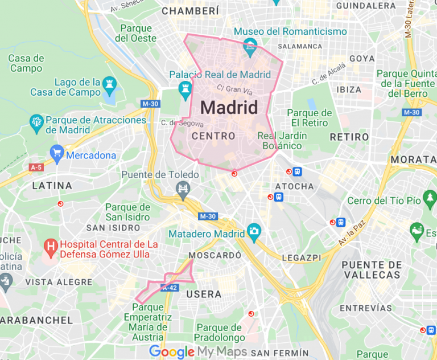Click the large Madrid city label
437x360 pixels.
(229, 107)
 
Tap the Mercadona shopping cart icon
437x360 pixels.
(56, 153)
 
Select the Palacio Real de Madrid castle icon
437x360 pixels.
(184, 89)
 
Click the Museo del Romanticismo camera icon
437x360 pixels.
(250, 45)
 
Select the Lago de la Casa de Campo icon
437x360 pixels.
(109, 85)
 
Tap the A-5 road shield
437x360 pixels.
(36, 167)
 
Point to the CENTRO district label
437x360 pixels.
(213, 136)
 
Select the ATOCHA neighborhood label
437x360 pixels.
(294, 186)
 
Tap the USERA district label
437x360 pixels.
(204, 294)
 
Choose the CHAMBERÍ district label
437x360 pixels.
(190, 11)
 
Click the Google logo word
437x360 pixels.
(172, 351)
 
